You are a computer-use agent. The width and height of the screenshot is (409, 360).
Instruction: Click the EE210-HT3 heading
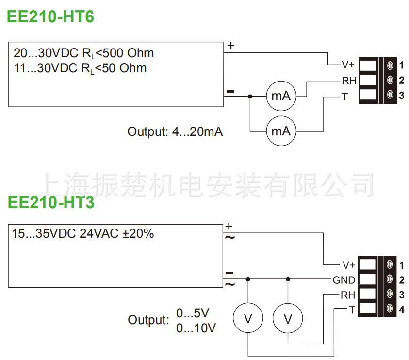50,203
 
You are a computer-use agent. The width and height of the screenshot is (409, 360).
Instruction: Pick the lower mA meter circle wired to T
280,131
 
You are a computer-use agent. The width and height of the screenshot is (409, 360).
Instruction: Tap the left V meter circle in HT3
248,319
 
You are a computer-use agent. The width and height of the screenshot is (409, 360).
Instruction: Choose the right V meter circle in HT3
288,319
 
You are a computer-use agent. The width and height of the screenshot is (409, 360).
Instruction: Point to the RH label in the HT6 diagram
349,81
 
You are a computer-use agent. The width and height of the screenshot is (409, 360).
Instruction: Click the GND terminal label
344,280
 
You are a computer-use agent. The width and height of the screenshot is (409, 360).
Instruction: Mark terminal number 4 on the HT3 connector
401,310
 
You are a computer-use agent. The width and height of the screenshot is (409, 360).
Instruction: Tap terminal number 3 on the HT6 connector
401,96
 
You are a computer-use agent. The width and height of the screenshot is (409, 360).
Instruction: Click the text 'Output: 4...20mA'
175,131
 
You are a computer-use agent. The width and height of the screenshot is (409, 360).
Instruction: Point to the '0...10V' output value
196,328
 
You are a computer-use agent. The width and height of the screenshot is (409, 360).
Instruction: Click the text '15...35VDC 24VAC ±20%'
82,234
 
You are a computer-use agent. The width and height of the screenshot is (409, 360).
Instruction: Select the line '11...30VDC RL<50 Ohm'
80,68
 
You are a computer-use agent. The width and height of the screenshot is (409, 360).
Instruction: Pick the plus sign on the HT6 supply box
231,46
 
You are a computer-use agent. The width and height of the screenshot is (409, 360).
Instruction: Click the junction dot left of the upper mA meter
250,97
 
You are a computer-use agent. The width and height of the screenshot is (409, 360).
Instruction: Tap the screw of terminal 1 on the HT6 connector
390,65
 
